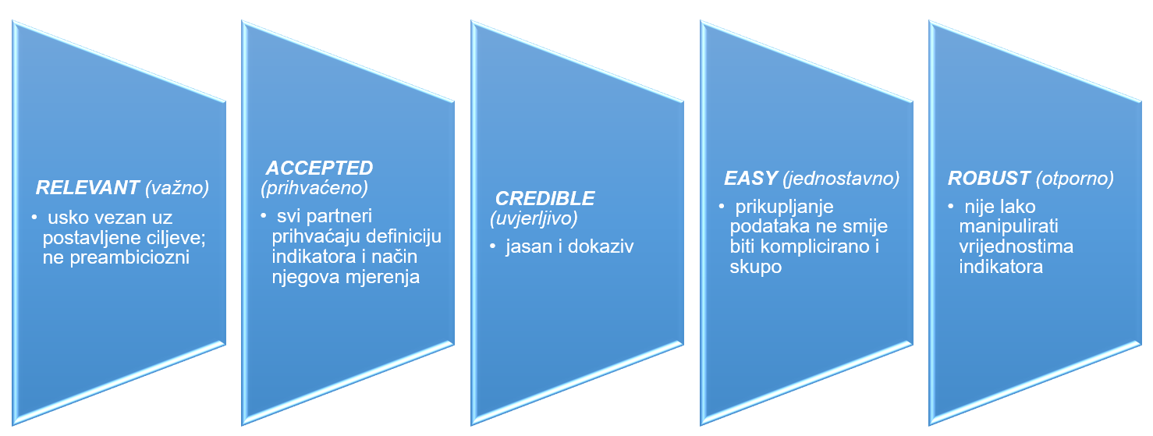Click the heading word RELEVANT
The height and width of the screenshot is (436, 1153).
(86, 188)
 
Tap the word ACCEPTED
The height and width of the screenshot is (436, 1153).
(320, 168)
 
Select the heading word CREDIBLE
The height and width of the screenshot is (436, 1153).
(545, 198)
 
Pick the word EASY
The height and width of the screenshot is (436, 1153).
(751, 179)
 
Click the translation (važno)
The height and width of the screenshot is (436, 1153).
(176, 188)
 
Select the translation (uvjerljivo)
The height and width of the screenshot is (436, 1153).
(534, 219)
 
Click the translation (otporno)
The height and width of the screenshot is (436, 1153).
(1075, 179)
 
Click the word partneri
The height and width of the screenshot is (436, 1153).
(344, 216)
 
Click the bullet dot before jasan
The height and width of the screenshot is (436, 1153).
(493, 246)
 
